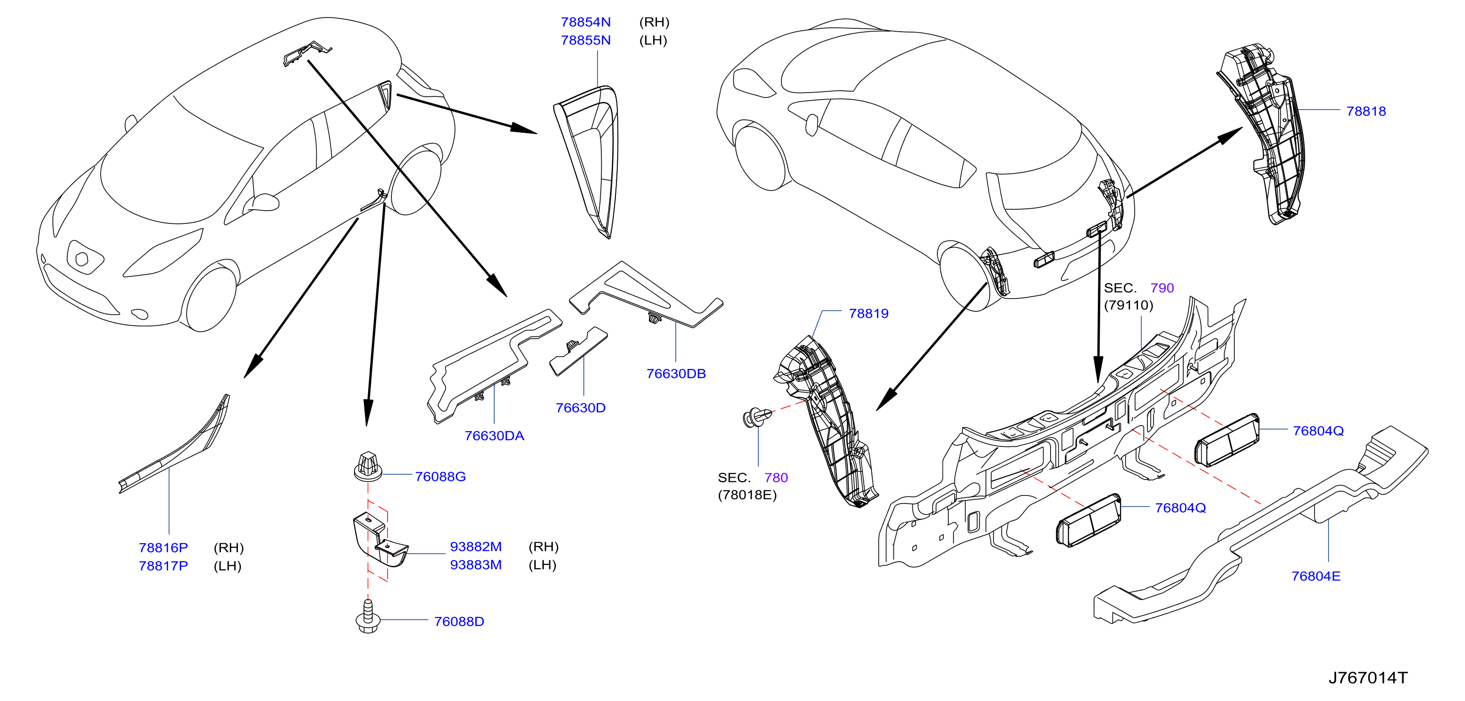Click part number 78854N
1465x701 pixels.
pyautogui.click(x=585, y=22)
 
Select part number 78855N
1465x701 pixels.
pyautogui.click(x=585, y=41)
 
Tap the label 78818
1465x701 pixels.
pyautogui.click(x=1366, y=111)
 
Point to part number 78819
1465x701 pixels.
pyautogui.click(x=868, y=314)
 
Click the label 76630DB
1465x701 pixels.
pyautogui.click(x=676, y=374)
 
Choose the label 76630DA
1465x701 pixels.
pyautogui.click(x=494, y=436)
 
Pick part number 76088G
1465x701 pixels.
pyautogui.click(x=440, y=477)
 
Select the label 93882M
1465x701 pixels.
pyautogui.click(x=476, y=547)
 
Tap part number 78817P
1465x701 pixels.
pyautogui.click(x=163, y=566)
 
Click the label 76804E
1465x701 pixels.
pyautogui.click(x=1315, y=576)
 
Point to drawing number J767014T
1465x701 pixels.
pyautogui.click(x=1368, y=678)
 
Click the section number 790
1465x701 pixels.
pyautogui.click(x=1162, y=288)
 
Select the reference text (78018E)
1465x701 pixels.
pyautogui.click(x=747, y=495)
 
